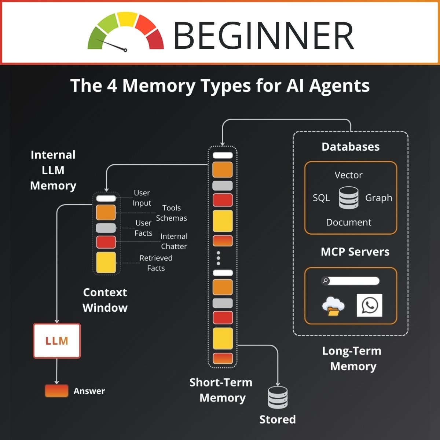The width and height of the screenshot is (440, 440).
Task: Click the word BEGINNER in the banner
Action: point(263,36)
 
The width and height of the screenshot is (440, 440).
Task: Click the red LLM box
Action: point(57,341)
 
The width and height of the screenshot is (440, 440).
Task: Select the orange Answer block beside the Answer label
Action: point(56,391)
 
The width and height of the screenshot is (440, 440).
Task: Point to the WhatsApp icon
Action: point(370,305)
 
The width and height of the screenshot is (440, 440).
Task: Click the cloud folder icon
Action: point(333,306)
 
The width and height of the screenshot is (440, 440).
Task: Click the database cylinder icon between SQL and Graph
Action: point(348,198)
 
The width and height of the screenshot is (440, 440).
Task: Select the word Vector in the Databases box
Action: point(348,175)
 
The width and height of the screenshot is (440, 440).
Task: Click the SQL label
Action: point(321,198)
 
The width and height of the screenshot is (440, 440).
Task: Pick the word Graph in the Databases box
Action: point(378,198)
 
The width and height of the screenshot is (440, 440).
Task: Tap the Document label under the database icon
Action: point(348,222)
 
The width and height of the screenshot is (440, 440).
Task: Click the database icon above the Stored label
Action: point(278,397)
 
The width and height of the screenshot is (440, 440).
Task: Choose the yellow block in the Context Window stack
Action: point(106,263)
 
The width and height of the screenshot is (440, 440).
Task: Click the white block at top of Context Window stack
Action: point(106,198)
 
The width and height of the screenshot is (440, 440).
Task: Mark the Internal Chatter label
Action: point(174,241)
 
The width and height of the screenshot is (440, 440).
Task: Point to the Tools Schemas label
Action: point(171,213)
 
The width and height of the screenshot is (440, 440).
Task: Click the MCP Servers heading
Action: point(355,252)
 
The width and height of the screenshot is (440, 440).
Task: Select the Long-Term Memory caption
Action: point(352,359)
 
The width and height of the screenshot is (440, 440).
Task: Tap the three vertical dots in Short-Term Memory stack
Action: point(219,258)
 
